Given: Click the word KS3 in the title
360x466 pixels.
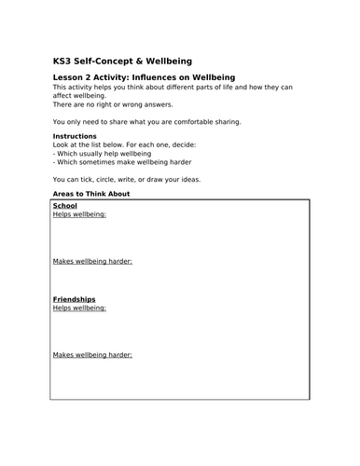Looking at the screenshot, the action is (64, 56).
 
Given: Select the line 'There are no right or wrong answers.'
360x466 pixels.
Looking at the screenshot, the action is (107, 104).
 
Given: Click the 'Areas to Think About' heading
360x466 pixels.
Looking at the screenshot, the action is (91, 194).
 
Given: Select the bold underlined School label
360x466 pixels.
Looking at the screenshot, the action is (65, 205).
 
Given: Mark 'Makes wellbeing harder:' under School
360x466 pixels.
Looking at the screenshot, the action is (92, 261).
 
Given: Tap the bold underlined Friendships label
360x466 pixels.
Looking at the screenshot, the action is (74, 299).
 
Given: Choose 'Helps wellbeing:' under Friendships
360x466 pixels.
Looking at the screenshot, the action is (79, 308).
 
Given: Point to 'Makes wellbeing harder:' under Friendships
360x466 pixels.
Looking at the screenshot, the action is (92, 355).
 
